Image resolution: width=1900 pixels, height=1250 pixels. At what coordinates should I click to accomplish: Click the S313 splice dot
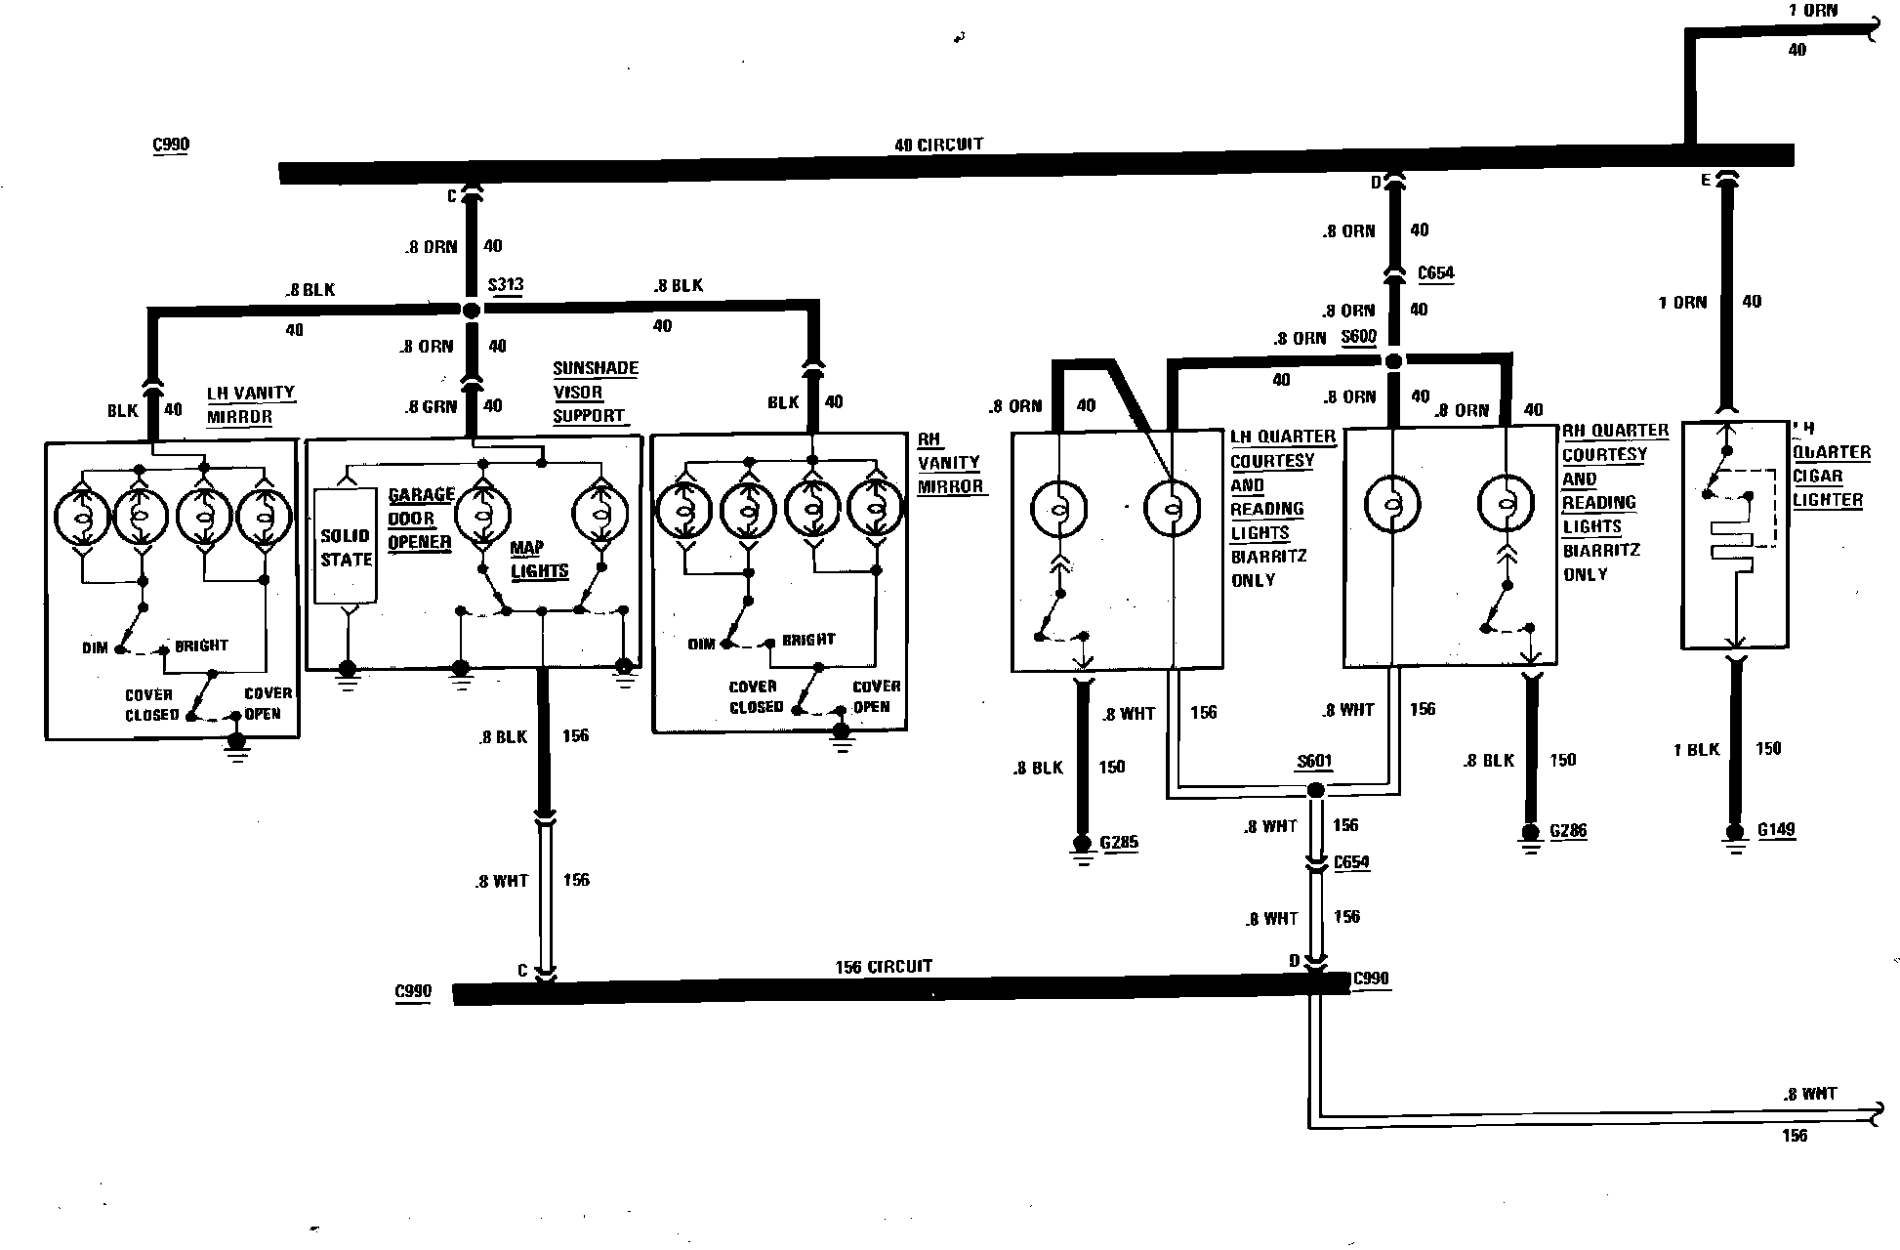pos(471,310)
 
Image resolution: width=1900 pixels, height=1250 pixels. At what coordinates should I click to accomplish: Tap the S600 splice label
pos(1358,337)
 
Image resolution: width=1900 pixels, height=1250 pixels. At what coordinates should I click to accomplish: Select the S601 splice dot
pos(1315,789)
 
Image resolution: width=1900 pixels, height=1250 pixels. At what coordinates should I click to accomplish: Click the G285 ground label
pos(1119,842)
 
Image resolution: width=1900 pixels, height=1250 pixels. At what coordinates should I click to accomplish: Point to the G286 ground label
pos(1568,831)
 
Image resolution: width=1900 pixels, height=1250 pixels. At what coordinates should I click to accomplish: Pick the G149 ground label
pos(1776,830)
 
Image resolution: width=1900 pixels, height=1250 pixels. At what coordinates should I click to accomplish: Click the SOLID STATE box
pos(346,547)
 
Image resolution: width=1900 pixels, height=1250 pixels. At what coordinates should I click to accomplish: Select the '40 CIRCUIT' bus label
pos(938,145)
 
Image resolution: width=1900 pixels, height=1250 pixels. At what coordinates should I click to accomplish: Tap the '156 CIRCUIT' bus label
pos(884,967)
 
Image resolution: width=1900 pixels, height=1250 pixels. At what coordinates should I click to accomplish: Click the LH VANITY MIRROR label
pos(250,404)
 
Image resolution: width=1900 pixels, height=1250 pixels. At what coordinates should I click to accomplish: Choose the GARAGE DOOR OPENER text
pos(421,519)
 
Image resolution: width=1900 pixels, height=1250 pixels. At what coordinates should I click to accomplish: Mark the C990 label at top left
pos(171,145)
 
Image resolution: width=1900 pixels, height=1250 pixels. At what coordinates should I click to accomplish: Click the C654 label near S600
pos(1435,273)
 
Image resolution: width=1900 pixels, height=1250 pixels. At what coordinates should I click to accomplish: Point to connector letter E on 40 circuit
pos(1706,180)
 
